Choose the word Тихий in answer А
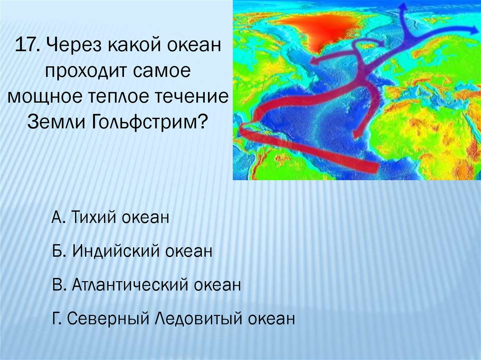click(x=94, y=217)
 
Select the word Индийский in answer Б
click(x=116, y=251)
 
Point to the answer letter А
click(x=58, y=217)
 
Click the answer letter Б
click(x=58, y=251)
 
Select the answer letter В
click(x=58, y=284)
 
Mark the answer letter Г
click(x=56, y=318)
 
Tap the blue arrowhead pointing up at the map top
click(x=403, y=7)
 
